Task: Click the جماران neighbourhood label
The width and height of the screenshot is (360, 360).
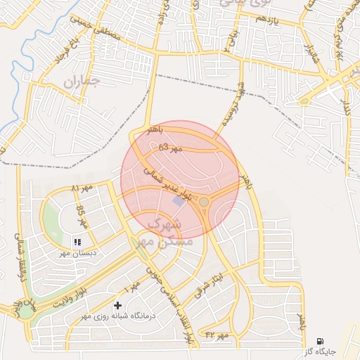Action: click(82, 81)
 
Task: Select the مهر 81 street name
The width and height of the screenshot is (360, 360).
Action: click(82, 190)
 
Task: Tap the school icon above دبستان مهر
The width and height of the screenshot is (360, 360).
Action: click(77, 242)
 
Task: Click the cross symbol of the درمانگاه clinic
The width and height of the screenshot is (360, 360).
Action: click(117, 306)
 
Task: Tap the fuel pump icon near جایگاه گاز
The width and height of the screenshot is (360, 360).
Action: click(321, 340)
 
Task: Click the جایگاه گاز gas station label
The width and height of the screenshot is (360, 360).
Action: click(321, 350)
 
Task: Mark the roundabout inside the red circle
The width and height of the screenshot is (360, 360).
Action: click(203, 202)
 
